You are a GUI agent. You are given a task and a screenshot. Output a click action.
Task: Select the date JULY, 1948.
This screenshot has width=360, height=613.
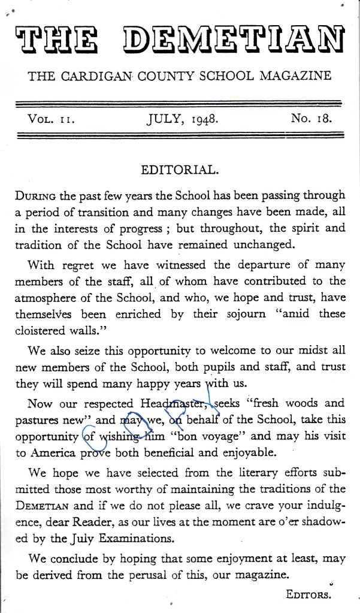(183, 119)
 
